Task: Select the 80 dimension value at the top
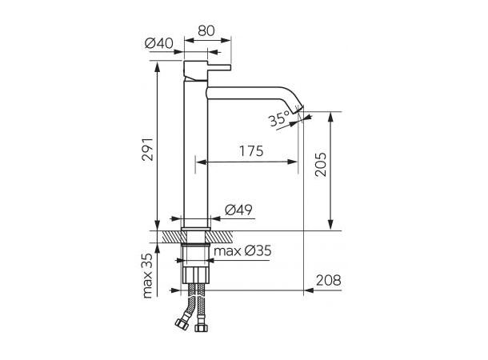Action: [206, 30]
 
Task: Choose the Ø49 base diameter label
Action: [238, 210]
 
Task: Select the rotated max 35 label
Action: [148, 276]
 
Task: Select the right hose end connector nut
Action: [201, 326]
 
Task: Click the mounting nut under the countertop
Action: [195, 257]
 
